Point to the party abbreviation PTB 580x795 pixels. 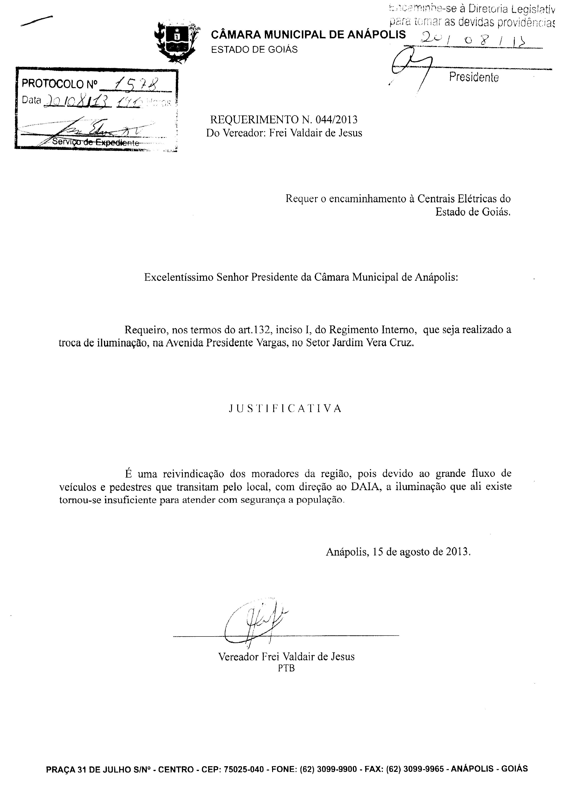(x=286, y=668)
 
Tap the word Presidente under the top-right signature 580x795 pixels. (x=474, y=77)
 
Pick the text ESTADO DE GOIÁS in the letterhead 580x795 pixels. (x=254, y=49)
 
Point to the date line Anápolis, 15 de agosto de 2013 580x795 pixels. (x=398, y=551)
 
